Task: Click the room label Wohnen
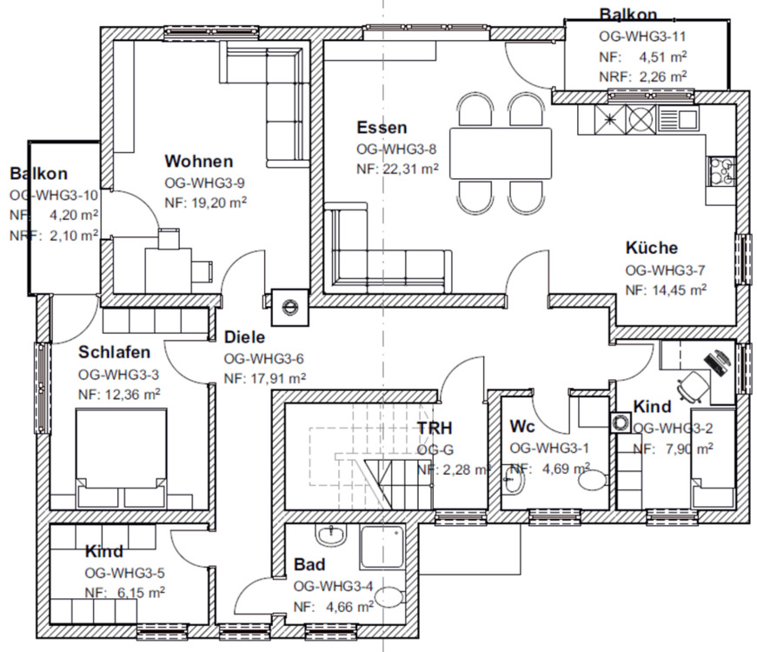(x=198, y=161)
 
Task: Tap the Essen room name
(x=382, y=128)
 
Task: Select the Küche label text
(x=651, y=248)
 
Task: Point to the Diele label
(x=244, y=337)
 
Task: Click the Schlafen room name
(x=115, y=352)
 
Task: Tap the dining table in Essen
(x=501, y=154)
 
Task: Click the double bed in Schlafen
(x=122, y=458)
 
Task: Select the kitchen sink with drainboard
(x=678, y=118)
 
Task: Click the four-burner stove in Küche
(x=721, y=171)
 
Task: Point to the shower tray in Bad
(x=382, y=547)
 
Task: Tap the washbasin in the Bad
(x=331, y=534)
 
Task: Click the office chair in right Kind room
(x=692, y=386)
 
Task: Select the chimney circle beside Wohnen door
(x=290, y=306)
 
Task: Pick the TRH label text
(x=435, y=428)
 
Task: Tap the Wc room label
(x=522, y=427)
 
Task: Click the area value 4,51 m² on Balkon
(x=663, y=57)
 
